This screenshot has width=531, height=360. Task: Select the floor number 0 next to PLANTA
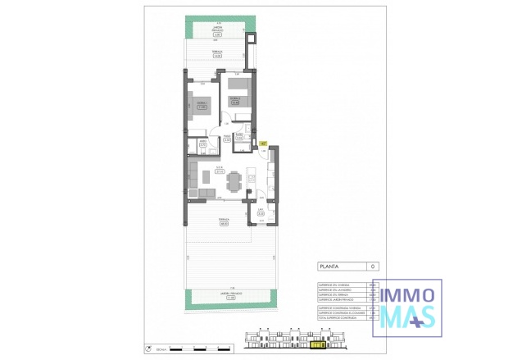point(374,267)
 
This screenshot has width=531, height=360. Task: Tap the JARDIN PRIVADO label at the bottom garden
point(219,296)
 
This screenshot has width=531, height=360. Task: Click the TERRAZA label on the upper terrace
point(217,55)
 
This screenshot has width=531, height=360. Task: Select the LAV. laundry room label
point(259,212)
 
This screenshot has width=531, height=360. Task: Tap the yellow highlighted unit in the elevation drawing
point(316,345)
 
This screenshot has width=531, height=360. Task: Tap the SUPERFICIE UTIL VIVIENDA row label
point(335,285)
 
